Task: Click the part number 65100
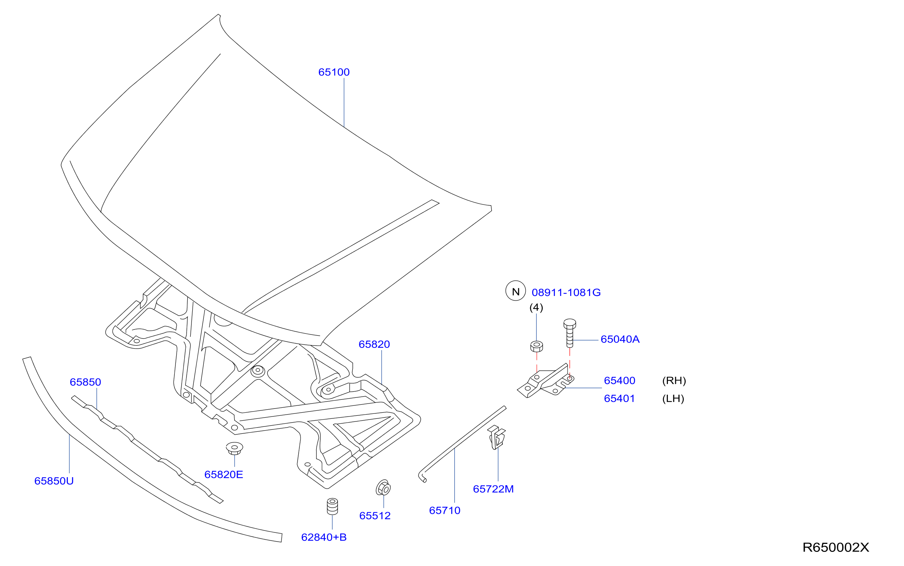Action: tap(334, 72)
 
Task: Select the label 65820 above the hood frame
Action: tap(374, 344)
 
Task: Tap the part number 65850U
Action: tap(54, 481)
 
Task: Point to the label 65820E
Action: tap(224, 474)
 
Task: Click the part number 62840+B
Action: tap(324, 537)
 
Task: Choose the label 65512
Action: tap(375, 516)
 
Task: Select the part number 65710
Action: tap(445, 510)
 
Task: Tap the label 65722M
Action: tap(493, 489)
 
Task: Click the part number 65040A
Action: tap(620, 339)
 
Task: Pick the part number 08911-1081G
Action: tap(566, 293)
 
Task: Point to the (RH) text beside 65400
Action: tap(674, 381)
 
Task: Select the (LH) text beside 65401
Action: tap(673, 399)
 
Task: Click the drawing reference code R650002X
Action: tap(836, 547)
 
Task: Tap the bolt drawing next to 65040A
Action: tap(569, 333)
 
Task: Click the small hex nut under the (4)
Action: tap(537, 346)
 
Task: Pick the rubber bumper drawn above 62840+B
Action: tap(333, 506)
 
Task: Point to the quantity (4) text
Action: tap(536, 307)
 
